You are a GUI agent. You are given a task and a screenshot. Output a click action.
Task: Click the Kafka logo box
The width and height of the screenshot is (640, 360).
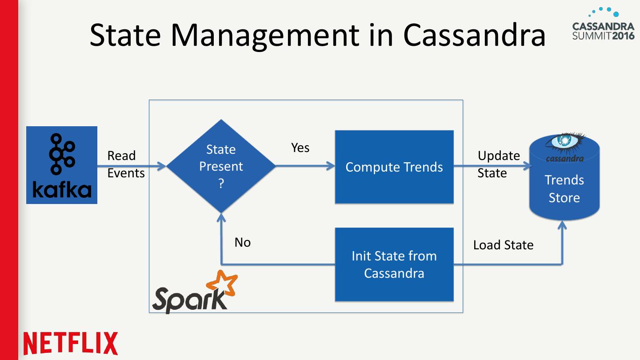click(x=62, y=165)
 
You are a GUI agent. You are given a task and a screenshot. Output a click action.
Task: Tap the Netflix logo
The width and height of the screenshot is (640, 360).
click(x=71, y=344)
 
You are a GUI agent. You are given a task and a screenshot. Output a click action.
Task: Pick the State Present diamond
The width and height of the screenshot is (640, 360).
click(x=221, y=166)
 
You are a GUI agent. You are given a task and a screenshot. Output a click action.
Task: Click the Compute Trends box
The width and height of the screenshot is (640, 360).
click(x=394, y=167)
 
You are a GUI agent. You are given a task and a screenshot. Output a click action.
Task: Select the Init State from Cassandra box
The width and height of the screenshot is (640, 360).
click(x=394, y=264)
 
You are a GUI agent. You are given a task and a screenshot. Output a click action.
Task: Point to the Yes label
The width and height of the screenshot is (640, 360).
click(x=300, y=148)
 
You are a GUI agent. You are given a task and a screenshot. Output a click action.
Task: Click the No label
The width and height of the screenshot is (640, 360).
click(x=243, y=242)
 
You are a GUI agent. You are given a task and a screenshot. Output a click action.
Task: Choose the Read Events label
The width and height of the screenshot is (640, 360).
click(x=126, y=164)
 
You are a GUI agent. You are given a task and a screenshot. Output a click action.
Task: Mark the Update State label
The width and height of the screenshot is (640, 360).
click(x=498, y=164)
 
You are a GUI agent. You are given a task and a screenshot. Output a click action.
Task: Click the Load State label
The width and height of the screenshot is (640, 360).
click(x=503, y=245)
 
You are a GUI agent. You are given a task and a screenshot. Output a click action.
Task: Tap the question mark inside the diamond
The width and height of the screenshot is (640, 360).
click(x=221, y=184)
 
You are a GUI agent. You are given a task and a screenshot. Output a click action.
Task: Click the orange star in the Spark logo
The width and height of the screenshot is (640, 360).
click(x=222, y=284)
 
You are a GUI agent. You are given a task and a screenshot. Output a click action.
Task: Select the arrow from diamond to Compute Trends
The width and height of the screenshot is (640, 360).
click(x=305, y=166)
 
